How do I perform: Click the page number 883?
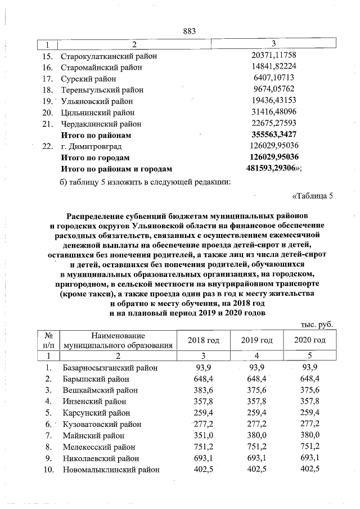coord(189,31)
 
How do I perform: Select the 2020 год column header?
coord(310,340)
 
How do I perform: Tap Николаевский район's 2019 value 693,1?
coord(256,458)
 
